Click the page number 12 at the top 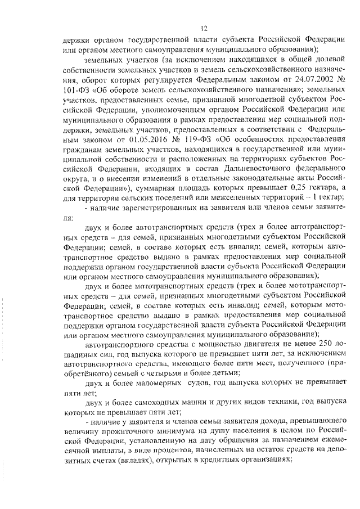[x=204, y=28]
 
